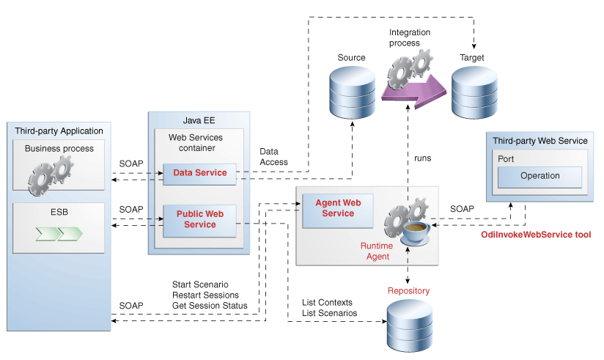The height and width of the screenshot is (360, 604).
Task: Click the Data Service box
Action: pyautogui.click(x=199, y=174)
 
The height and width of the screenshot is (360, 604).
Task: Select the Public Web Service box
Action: pyautogui.click(x=199, y=220)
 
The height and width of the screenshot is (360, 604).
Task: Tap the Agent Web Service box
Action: pyautogui.click(x=338, y=208)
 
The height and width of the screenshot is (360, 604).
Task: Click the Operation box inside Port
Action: pyautogui.click(x=539, y=176)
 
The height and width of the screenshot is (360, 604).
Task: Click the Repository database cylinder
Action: pyautogui.click(x=408, y=326)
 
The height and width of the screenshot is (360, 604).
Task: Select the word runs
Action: pyautogui.click(x=422, y=158)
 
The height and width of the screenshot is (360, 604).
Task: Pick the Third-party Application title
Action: pyautogui.click(x=59, y=131)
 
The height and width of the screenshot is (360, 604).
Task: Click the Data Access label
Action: pyautogui.click(x=273, y=156)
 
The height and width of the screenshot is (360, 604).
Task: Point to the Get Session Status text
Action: pyautogui.click(x=209, y=305)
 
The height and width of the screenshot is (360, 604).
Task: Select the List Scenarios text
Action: pyautogui.click(x=329, y=313)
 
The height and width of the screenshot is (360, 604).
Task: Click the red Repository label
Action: pyautogui.click(x=408, y=291)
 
